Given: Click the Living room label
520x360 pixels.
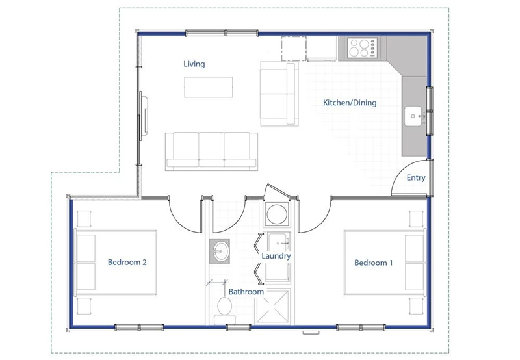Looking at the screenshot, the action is pyautogui.click(x=194, y=64).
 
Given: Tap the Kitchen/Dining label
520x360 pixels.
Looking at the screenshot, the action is pyautogui.click(x=350, y=103).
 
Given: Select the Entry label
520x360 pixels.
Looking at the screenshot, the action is pyautogui.click(x=416, y=177).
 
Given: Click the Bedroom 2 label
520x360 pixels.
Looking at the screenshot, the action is pyautogui.click(x=127, y=263).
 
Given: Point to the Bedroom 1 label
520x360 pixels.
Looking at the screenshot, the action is pyautogui.click(x=373, y=263).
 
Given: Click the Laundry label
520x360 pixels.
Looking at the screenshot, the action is pyautogui.click(x=276, y=256).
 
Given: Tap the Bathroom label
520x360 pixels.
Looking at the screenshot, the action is pyautogui.click(x=246, y=292).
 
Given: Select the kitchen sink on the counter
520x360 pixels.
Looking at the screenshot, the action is pyautogui.click(x=413, y=116).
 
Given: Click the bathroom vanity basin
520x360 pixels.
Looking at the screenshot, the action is pyautogui.click(x=220, y=251).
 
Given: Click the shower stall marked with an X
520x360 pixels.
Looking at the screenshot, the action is pyautogui.click(x=272, y=306).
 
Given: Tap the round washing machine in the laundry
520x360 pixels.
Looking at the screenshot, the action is pyautogui.click(x=277, y=214).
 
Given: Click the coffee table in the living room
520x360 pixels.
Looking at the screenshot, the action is pyautogui.click(x=208, y=87).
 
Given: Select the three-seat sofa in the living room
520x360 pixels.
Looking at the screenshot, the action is pyautogui.click(x=212, y=151).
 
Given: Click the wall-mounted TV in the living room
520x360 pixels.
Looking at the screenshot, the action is pyautogui.click(x=144, y=116).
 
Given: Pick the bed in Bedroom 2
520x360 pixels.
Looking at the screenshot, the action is pyautogui.click(x=116, y=263).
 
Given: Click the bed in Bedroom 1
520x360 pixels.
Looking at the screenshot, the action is pyautogui.click(x=385, y=263).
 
